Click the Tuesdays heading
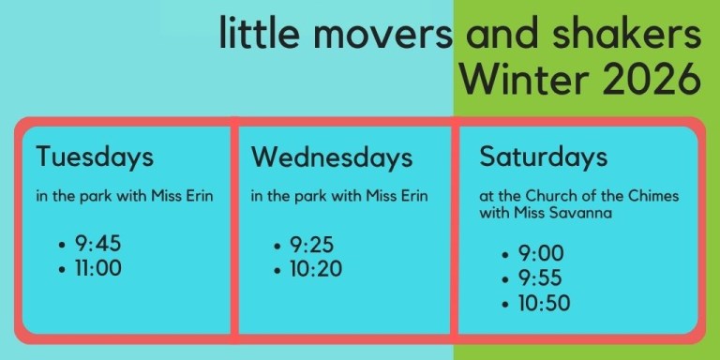pos(95,157)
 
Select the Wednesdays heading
pos(332,157)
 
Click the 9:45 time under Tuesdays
pos(98,245)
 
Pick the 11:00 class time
pos(98,268)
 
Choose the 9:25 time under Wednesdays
pos(313,246)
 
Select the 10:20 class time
pos(316,270)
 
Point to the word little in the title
pos(256,36)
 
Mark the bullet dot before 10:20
pos(277,271)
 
